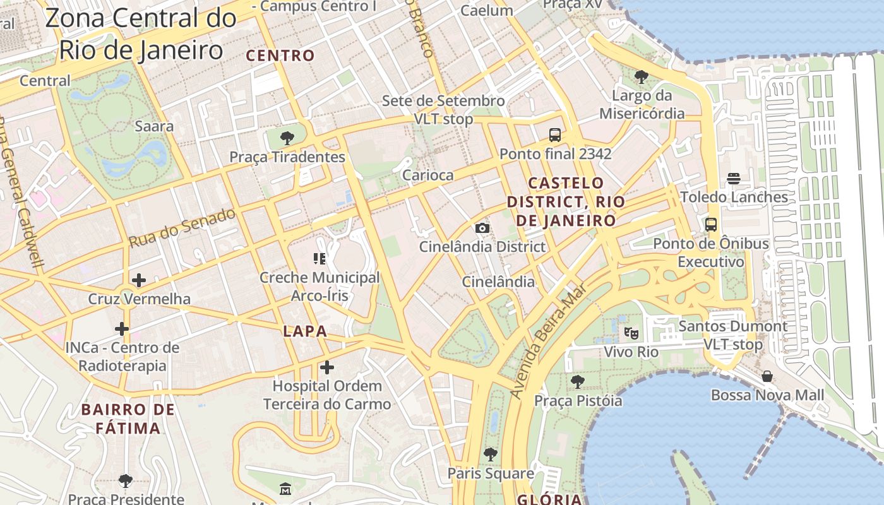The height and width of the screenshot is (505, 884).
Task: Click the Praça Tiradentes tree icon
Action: [287, 137]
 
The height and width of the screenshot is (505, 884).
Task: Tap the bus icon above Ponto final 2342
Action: [554, 134]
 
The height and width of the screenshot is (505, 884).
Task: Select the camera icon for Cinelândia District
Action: [482, 228]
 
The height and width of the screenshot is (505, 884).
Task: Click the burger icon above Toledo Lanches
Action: [733, 178]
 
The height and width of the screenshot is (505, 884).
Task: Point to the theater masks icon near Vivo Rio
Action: [630, 332]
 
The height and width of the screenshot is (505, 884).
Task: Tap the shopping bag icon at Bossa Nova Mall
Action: [767, 376]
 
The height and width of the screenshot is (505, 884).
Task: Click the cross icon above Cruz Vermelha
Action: [138, 280]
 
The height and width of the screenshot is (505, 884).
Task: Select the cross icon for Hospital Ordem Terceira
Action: [326, 367]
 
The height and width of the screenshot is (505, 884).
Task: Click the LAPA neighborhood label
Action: [305, 331]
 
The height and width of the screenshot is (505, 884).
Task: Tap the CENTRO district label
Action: [280, 56]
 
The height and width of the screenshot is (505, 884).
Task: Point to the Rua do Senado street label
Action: [182, 228]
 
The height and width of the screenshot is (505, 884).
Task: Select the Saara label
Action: [154, 126]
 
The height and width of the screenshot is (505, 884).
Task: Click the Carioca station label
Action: [427, 175]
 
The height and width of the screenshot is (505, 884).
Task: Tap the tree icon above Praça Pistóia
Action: [577, 381]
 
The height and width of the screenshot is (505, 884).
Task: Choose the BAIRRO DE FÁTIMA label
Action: [128, 419]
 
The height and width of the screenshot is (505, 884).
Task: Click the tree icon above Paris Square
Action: [490, 454]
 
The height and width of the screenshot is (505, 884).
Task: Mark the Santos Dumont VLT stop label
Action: [732, 335]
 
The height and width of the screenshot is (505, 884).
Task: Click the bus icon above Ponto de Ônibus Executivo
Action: [710, 224]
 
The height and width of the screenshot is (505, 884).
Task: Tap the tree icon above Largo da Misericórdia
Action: [641, 77]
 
